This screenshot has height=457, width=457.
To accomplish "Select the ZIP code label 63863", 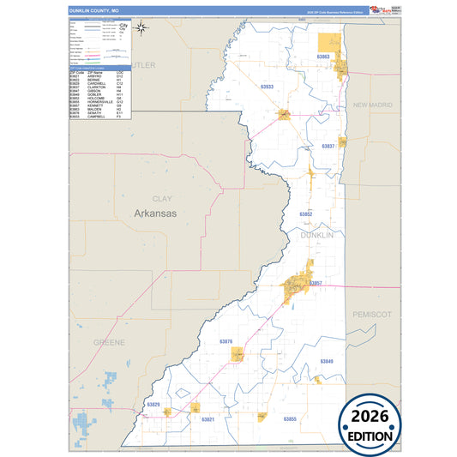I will (323, 57).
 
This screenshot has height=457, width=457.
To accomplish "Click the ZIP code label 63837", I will (328, 146).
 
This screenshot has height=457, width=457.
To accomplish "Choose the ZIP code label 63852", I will (306, 213).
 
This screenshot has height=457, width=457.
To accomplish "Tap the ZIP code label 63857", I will (314, 283).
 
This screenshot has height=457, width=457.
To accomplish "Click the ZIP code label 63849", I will (328, 361).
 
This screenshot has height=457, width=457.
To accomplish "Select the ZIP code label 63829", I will (153, 403).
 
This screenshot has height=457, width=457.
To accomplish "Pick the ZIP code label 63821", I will (207, 419).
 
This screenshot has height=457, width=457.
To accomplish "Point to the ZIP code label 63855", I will (289, 418).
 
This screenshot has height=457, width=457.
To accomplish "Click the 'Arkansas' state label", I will (154, 213).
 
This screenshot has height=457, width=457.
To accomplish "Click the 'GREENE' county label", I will (108, 341).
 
